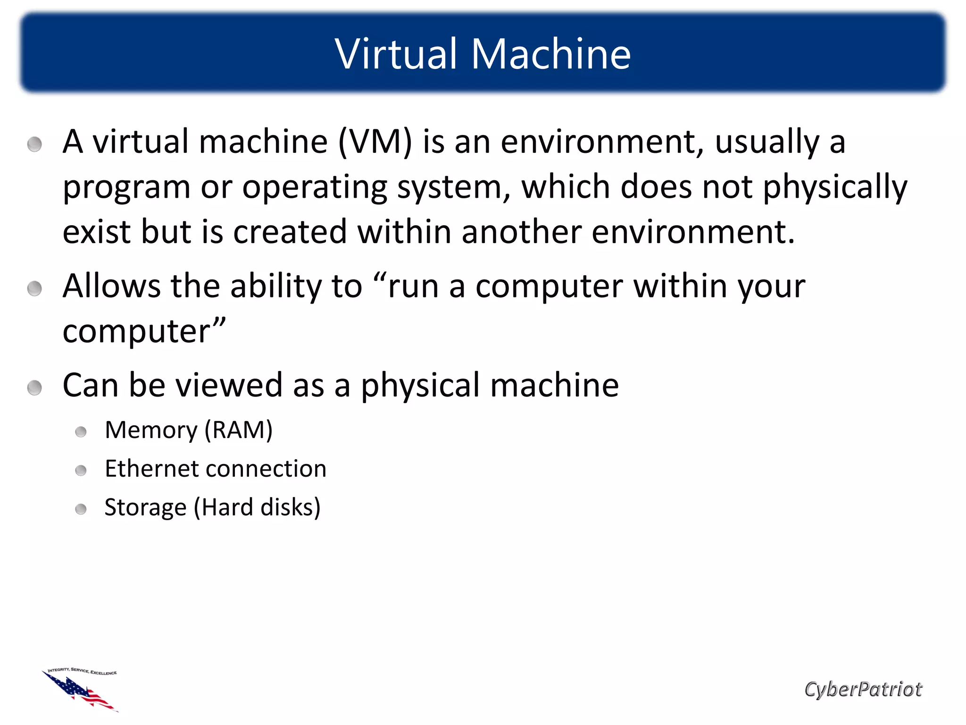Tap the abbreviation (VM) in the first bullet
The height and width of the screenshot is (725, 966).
coord(375,142)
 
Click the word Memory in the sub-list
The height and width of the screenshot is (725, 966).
coord(151,430)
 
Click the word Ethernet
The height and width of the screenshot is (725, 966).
coord(152,469)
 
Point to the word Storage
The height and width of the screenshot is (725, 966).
coord(145,508)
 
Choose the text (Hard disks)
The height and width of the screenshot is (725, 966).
coord(258,507)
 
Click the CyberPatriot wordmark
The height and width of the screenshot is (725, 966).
coord(863,689)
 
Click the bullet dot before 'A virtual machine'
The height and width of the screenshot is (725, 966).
coord(34,144)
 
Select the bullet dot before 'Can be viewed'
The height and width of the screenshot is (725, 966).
coord(34,388)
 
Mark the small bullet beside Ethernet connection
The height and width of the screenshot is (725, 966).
coord(81,471)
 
